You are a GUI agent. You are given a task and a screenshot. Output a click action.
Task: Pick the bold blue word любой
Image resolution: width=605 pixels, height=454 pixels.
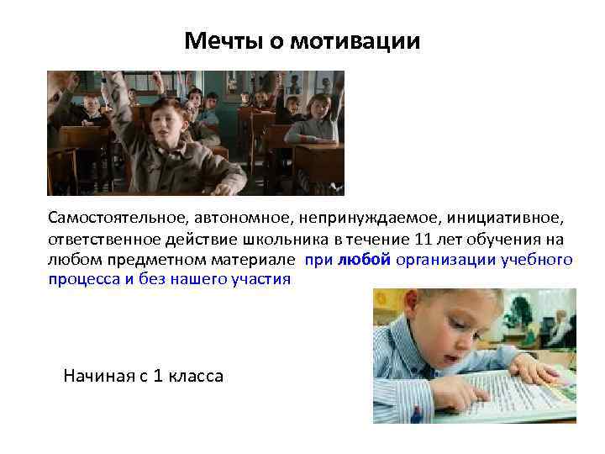pos(364,259)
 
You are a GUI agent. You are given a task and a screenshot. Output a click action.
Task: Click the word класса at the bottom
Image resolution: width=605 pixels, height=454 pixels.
pos(195,375)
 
